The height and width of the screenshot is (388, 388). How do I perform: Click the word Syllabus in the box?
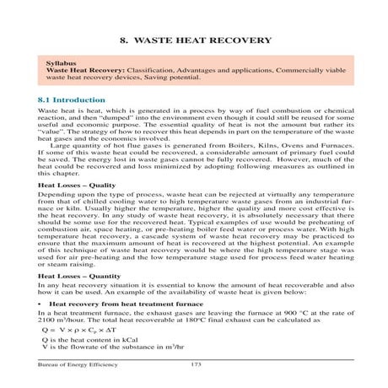coord(67,63)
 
